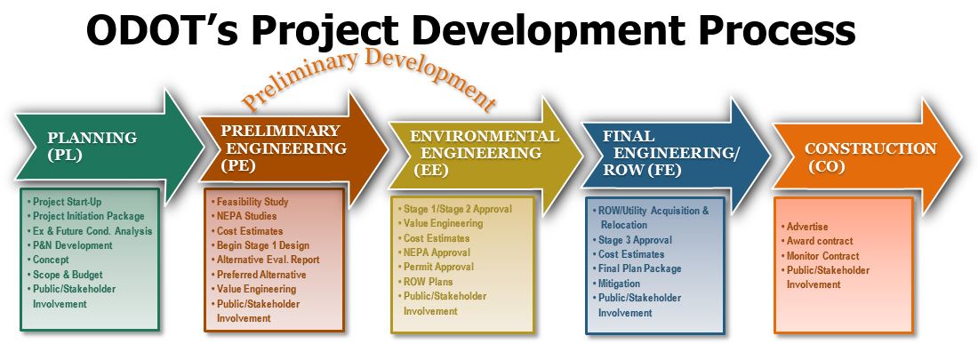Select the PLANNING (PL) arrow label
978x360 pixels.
click(92, 146)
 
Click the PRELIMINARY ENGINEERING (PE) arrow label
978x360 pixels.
click(283, 148)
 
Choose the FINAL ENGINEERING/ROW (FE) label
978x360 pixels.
click(669, 153)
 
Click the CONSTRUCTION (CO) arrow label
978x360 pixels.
click(870, 157)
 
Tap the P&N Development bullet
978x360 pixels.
click(70, 245)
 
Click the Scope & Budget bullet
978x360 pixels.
click(65, 275)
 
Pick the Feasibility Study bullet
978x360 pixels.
click(250, 202)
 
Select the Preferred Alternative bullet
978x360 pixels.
click(258, 275)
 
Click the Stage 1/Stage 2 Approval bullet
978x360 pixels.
click(454, 209)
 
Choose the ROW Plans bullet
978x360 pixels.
click(424, 282)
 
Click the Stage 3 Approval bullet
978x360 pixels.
click(631, 240)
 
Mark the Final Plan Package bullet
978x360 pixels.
click(637, 269)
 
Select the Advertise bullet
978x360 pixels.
click(805, 227)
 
